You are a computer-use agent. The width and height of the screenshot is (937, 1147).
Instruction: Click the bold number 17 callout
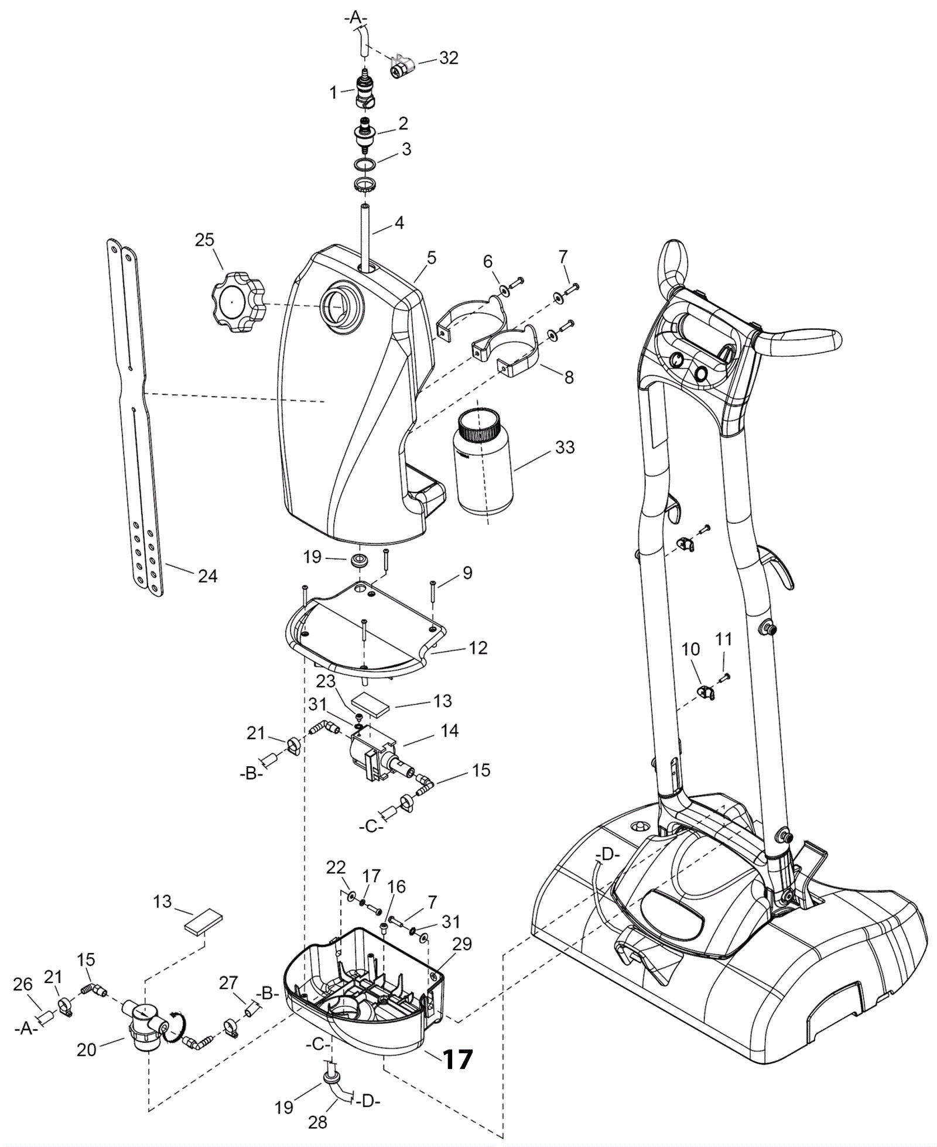pyautogui.click(x=457, y=1059)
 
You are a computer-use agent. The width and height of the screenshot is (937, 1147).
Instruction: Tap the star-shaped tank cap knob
pyautogui.click(x=238, y=302)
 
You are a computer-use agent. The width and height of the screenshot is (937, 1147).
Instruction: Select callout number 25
pyautogui.click(x=204, y=240)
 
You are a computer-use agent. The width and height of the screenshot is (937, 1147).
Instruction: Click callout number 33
pyautogui.click(x=565, y=448)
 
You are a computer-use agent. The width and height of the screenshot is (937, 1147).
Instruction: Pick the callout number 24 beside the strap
pyautogui.click(x=208, y=576)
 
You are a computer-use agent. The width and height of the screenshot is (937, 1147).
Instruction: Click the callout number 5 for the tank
pyautogui.click(x=432, y=258)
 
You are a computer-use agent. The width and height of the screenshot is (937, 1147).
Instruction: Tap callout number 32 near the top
pyautogui.click(x=449, y=58)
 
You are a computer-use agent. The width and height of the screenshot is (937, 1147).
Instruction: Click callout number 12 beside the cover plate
pyautogui.click(x=478, y=648)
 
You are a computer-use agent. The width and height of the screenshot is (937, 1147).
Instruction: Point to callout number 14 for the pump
pyautogui.click(x=450, y=730)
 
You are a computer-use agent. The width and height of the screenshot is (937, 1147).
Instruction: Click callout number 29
pyautogui.click(x=462, y=944)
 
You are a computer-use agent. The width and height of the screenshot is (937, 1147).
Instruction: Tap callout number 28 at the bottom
pyautogui.click(x=318, y=1122)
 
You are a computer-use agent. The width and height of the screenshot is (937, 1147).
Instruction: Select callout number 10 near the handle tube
pyautogui.click(x=691, y=649)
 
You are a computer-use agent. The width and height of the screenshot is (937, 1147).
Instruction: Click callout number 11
pyautogui.click(x=724, y=639)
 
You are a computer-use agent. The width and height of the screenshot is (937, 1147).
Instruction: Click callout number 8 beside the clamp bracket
pyautogui.click(x=569, y=377)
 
